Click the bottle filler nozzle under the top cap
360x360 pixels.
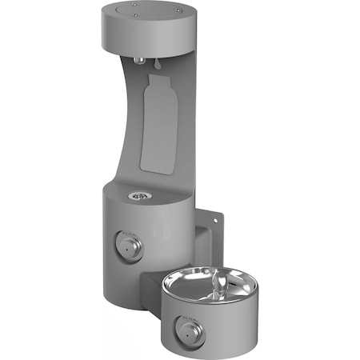point(141,60)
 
